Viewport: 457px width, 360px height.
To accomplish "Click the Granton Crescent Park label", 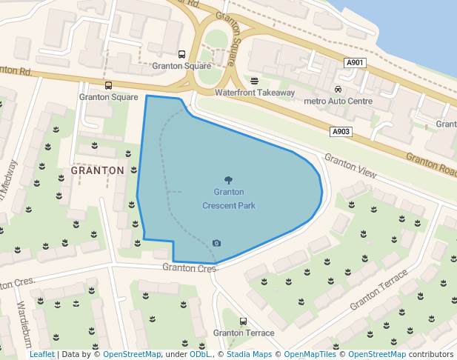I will point(228,199).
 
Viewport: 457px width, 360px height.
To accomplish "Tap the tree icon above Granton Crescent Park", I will point(228,180).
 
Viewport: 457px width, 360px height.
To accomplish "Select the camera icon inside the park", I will point(216,243).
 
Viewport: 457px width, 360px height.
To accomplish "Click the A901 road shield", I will point(356,64).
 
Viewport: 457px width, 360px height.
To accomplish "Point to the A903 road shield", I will point(341,132).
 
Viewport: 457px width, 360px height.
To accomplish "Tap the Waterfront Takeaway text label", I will point(255,93).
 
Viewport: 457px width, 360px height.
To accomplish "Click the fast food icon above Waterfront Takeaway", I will point(255,81).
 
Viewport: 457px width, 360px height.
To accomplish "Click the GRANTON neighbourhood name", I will point(97,170).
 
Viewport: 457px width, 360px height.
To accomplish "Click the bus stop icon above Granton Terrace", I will point(244,321).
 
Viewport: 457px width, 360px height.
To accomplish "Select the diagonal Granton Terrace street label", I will point(379,290).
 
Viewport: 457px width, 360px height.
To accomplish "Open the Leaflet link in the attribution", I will point(42,355).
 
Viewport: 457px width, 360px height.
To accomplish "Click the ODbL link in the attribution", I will point(199,355).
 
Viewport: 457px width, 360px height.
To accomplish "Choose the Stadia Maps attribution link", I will point(248,355).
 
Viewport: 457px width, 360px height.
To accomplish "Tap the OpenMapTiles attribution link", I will point(310,355).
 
